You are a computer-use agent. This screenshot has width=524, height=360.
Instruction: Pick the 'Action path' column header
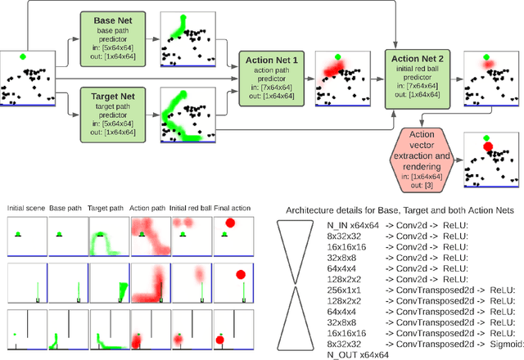tap(149, 209)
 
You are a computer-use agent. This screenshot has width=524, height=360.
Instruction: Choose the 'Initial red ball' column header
tap(191, 209)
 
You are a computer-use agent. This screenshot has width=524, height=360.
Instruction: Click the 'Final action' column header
tap(233, 209)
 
